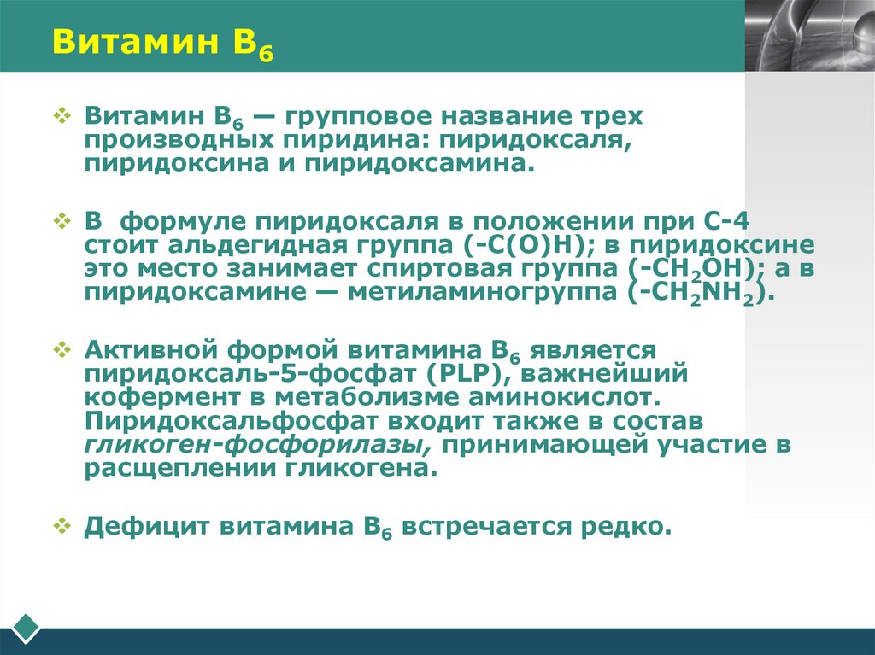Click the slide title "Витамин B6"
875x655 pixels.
(159, 43)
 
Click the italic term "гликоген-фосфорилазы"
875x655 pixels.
(256, 446)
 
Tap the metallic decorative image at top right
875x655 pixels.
(809, 35)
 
